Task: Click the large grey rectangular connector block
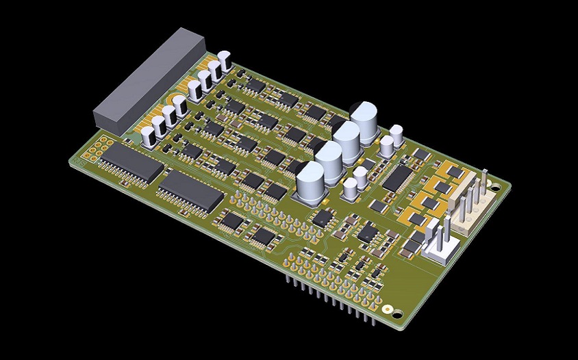(149, 80)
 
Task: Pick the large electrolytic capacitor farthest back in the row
(364, 122)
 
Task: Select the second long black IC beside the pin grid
(190, 192)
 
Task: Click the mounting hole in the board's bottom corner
(388, 309)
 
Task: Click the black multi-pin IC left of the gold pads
(396, 177)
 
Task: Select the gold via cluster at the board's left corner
(103, 145)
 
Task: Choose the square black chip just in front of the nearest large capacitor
(322, 218)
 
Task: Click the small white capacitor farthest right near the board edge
(397, 134)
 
